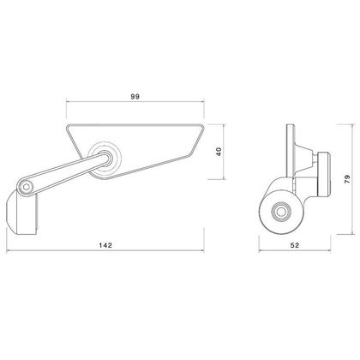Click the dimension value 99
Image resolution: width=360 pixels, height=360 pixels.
135,97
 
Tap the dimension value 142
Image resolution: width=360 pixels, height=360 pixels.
105,245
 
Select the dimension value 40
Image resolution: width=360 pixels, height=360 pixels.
219,152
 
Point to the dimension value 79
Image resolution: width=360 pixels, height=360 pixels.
347,179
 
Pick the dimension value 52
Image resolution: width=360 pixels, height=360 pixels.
295,245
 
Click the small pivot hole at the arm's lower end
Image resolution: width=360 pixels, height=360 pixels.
27,188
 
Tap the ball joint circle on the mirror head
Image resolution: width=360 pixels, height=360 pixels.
105,158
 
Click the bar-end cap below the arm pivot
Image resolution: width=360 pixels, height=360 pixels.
21,213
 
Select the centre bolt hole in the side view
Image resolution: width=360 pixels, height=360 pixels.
281,212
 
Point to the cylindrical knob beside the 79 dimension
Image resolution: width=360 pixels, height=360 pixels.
324,175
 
